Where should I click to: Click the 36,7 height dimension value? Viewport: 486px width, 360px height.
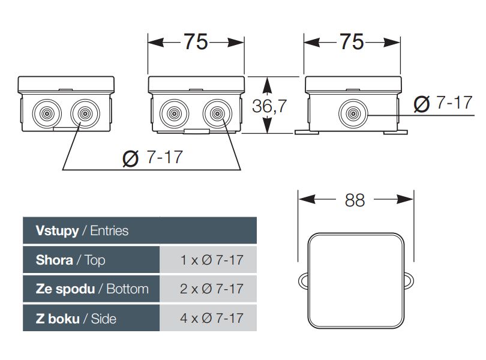click(x=269, y=106)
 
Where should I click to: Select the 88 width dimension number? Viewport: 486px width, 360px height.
click(x=355, y=200)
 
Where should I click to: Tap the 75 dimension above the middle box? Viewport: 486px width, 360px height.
click(x=196, y=41)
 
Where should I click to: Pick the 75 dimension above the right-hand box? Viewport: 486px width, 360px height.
click(x=352, y=41)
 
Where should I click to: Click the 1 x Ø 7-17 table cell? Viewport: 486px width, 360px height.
click(x=212, y=260)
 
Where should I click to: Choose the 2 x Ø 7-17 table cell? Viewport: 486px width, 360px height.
click(x=212, y=289)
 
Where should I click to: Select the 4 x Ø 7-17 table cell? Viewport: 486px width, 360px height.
click(x=212, y=318)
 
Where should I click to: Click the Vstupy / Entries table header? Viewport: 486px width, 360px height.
click(x=82, y=230)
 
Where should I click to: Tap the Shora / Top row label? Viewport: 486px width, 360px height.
click(x=70, y=260)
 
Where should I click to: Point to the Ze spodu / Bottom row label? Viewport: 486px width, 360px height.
click(x=92, y=289)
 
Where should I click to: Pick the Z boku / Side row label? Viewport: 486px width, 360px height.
click(x=76, y=319)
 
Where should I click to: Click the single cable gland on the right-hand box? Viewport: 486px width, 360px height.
click(x=353, y=113)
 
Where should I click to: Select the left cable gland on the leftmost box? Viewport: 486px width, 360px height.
click(x=47, y=113)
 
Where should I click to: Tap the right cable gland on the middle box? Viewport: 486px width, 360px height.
click(x=217, y=113)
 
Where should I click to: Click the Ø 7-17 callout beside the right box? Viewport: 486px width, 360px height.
click(x=443, y=103)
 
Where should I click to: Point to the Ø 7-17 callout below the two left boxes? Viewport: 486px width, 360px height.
click(x=152, y=158)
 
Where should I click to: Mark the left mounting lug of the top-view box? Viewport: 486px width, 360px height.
click(x=303, y=281)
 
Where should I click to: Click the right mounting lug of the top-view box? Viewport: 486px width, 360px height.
click(x=409, y=281)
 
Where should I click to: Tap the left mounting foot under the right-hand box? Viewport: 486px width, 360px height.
click(x=307, y=133)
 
